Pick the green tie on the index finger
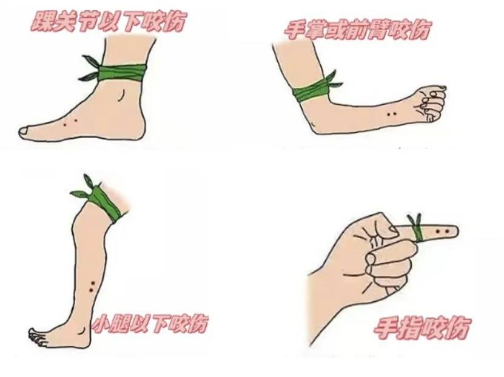coord(417,230)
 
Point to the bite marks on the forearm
coord(392,113)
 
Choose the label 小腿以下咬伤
coord(150,323)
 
